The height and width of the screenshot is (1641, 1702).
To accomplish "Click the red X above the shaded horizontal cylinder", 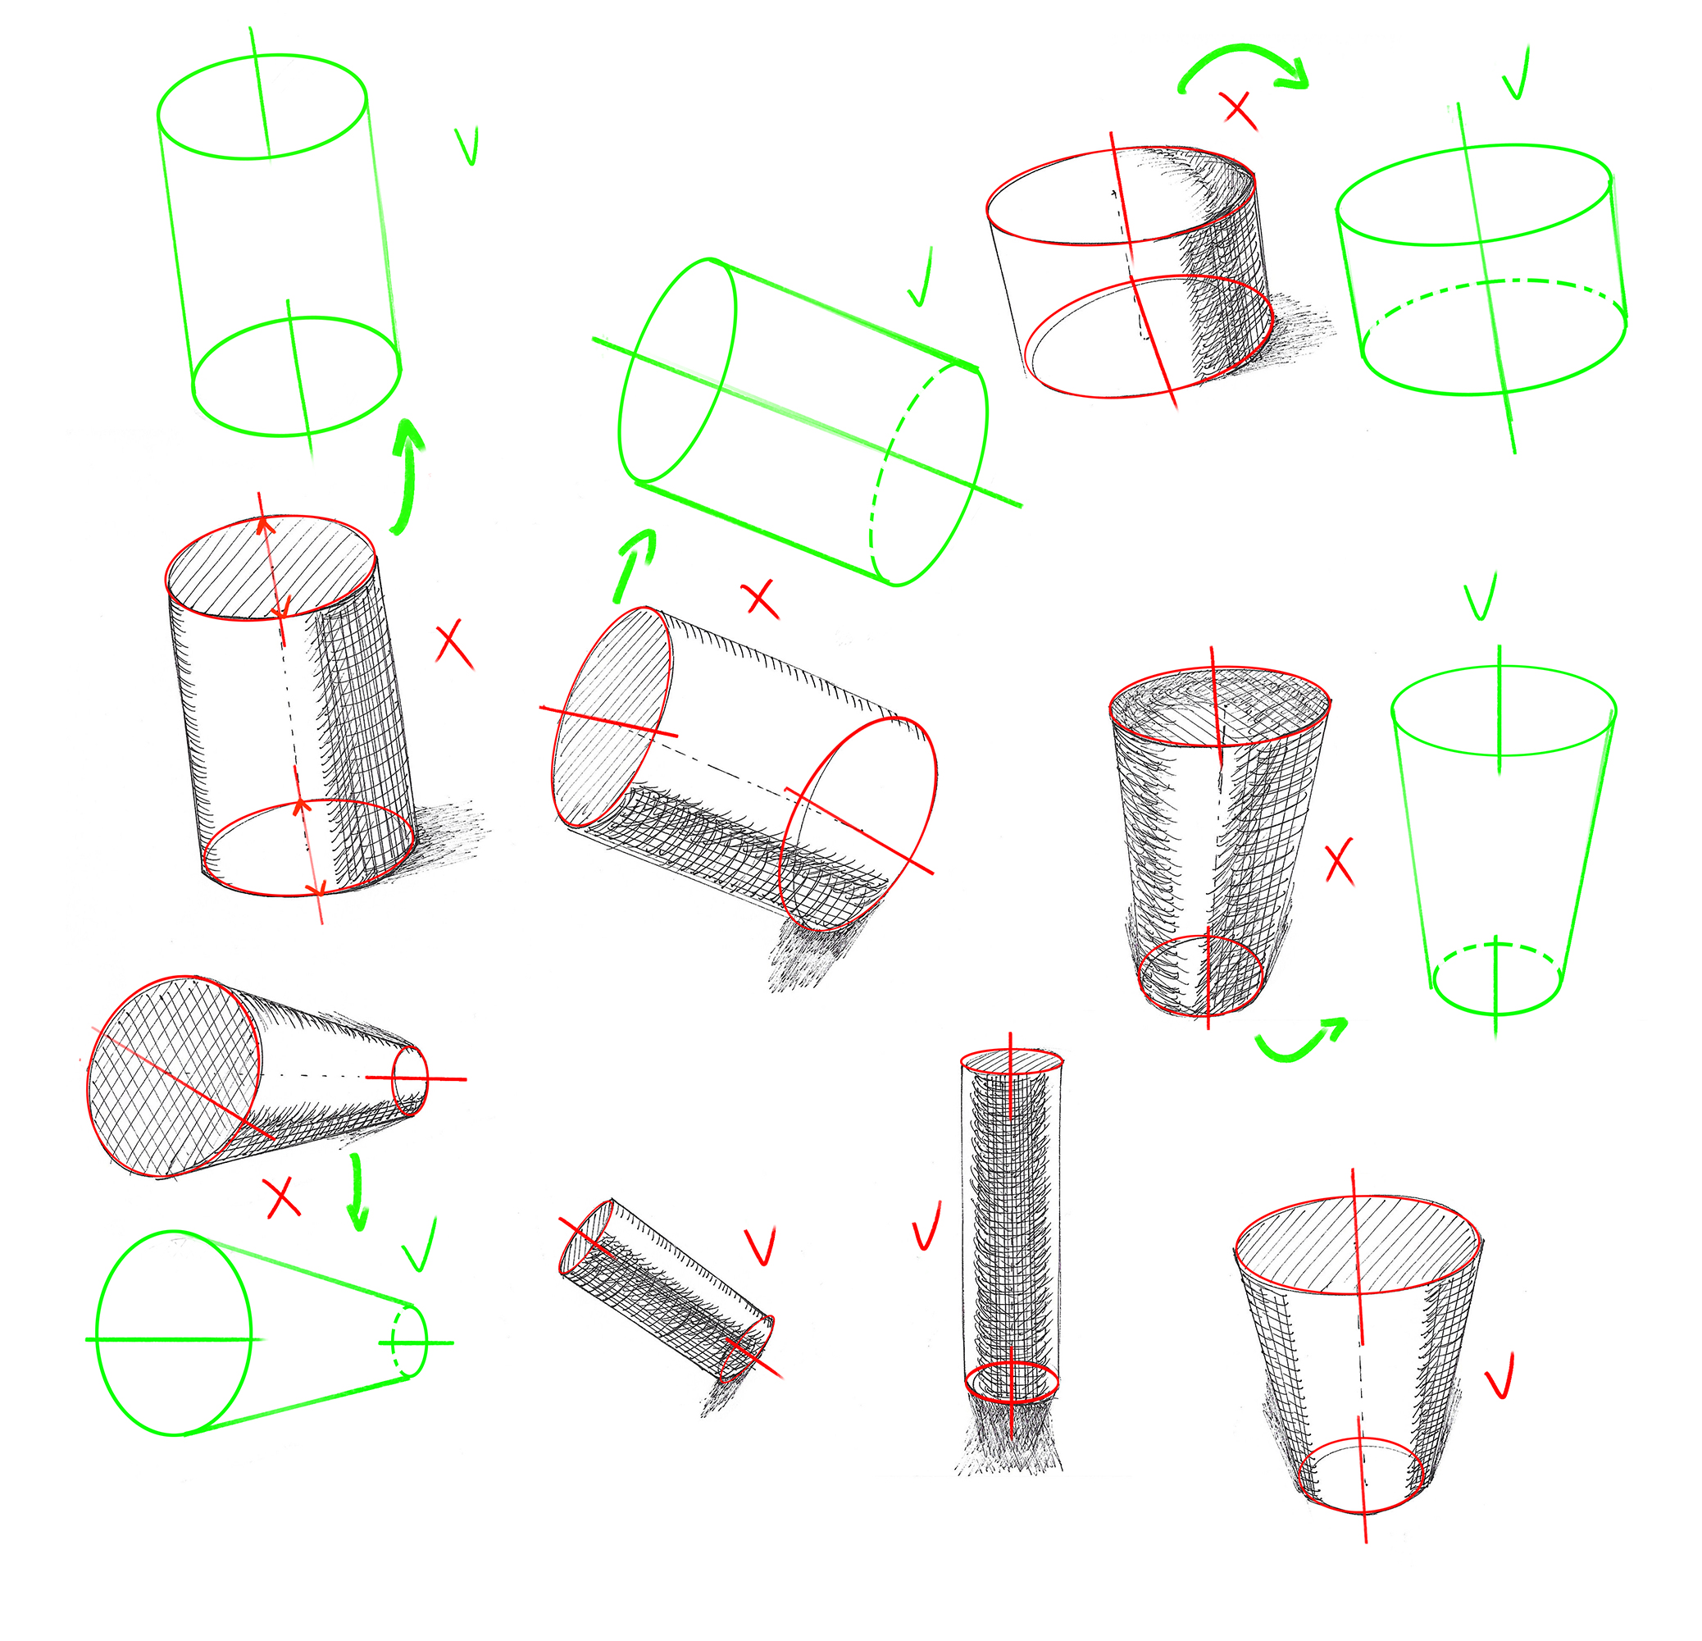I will click(x=761, y=599).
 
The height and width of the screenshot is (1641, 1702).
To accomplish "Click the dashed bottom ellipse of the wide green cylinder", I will click(x=1494, y=283).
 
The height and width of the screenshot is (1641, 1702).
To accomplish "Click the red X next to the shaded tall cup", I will click(x=1340, y=862).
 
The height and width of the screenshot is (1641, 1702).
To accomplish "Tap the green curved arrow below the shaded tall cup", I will click(x=1301, y=1042).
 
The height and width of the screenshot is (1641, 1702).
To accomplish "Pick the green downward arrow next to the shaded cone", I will click(x=355, y=1192).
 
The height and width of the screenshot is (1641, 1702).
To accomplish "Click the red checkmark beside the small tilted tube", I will click(x=760, y=1247).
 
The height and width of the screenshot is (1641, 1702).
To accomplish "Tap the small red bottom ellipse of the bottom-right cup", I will click(x=1360, y=1476).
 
